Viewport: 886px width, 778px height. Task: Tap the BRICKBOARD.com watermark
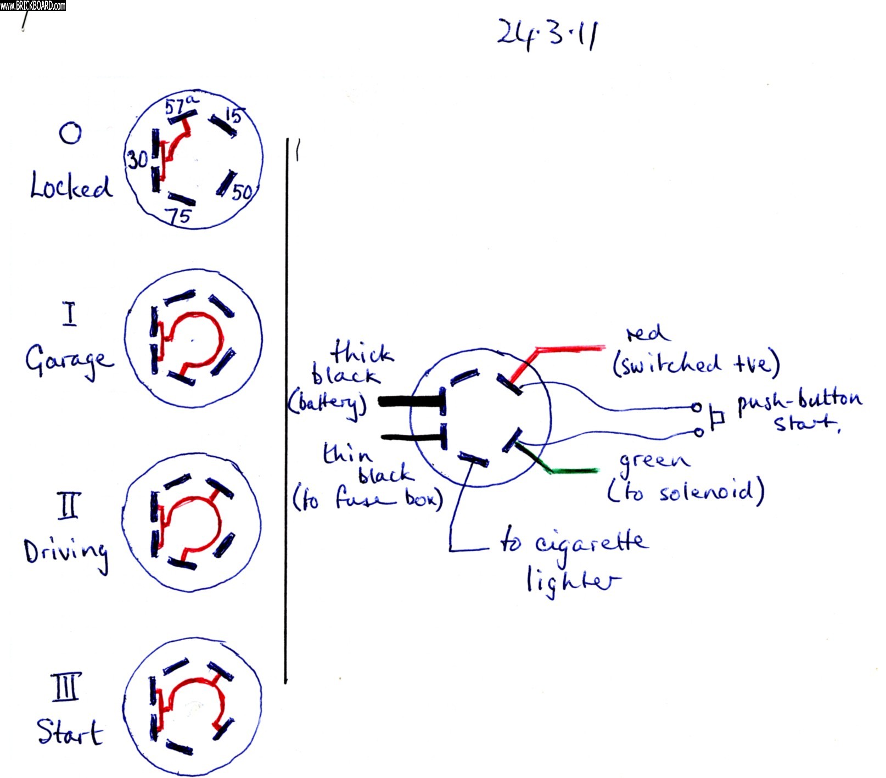click(x=33, y=5)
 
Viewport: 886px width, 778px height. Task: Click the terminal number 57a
click(x=181, y=104)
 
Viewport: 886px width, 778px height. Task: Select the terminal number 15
click(x=233, y=115)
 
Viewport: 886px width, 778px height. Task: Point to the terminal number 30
click(x=137, y=160)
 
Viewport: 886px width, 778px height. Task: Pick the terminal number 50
click(x=242, y=192)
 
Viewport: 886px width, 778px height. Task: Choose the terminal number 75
click(x=180, y=216)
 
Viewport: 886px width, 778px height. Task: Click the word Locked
click(x=70, y=186)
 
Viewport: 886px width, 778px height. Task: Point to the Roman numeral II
click(x=69, y=506)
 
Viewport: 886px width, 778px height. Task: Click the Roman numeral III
click(x=66, y=687)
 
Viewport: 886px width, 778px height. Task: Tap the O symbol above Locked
click(x=70, y=133)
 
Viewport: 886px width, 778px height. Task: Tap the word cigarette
click(x=592, y=543)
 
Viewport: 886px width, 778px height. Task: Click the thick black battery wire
click(x=409, y=401)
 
